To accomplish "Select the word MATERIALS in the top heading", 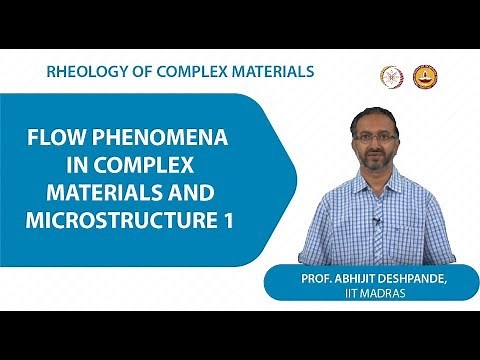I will coord(270,72).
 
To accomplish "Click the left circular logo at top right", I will coord(391,76).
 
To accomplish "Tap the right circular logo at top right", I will coord(423,76).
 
